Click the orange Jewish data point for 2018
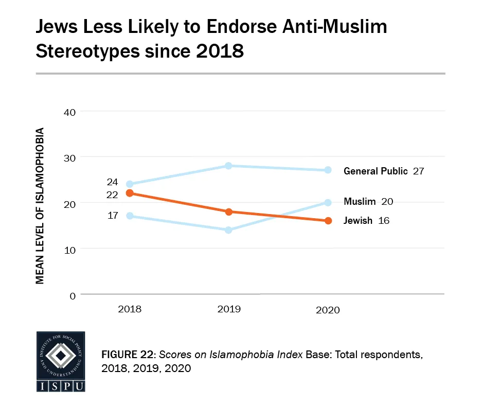point(130,193)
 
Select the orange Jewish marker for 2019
point(229,211)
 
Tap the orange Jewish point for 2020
point(328,221)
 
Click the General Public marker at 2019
point(229,166)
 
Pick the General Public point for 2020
point(328,170)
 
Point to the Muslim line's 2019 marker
point(229,230)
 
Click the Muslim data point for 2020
point(328,202)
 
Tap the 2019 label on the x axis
point(229,309)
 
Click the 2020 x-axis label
point(328,310)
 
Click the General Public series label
point(375,171)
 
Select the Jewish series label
point(358,221)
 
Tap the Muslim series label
point(360,202)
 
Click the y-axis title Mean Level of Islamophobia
point(40,205)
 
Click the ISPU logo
point(60,362)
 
